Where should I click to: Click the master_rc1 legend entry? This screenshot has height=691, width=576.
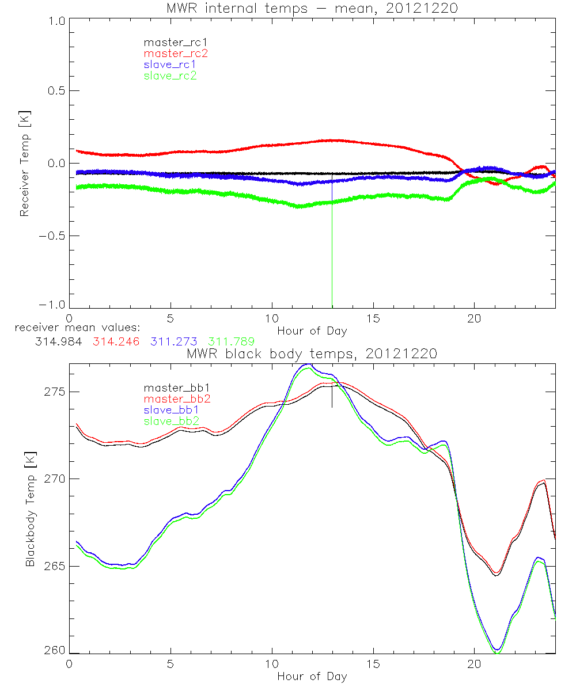click(x=169, y=43)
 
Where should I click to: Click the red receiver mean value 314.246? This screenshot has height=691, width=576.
click(x=115, y=341)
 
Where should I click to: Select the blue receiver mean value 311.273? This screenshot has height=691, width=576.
click(x=174, y=341)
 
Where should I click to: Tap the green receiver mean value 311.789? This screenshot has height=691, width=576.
click(x=231, y=341)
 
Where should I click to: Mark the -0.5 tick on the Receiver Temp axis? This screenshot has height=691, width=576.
click(x=54, y=236)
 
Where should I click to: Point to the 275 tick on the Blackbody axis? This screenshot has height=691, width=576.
click(x=56, y=392)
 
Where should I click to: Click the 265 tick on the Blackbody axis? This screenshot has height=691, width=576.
click(x=56, y=567)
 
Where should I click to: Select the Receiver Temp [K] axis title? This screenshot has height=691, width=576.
click(x=24, y=164)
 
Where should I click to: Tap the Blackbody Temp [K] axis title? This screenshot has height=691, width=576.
click(x=29, y=508)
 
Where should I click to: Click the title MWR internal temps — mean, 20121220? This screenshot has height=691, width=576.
click(x=312, y=7)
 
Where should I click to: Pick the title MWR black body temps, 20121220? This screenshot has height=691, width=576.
click(x=312, y=354)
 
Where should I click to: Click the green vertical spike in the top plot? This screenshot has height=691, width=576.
click(x=332, y=259)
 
